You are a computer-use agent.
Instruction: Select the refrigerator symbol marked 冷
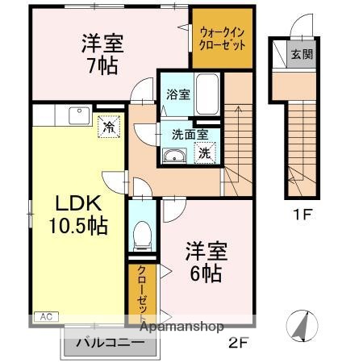(x=107, y=126)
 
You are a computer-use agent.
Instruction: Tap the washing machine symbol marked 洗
(x=206, y=152)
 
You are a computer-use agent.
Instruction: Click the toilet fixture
(x=142, y=234)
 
